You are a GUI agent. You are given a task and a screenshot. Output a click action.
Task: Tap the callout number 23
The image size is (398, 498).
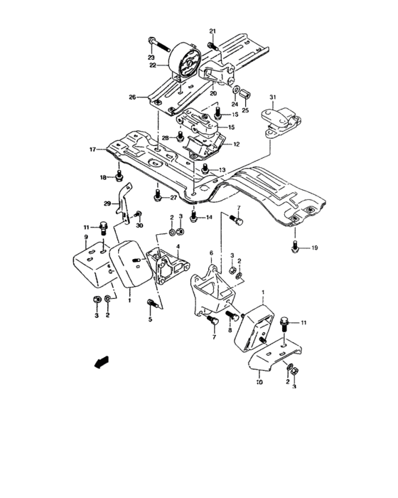coord(151,57)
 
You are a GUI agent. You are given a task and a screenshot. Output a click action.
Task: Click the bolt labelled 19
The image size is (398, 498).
coord(294,247)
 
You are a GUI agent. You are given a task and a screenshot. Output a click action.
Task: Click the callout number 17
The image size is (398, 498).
coord(92,149)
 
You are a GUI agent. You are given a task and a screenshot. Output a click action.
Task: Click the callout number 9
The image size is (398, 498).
coord(85,237)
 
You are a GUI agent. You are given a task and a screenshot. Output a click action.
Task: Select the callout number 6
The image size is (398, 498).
coord(211,253)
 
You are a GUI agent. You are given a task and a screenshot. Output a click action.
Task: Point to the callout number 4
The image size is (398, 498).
coord(178,246)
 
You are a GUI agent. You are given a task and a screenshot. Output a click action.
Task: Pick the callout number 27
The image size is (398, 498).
coord(172,198)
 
